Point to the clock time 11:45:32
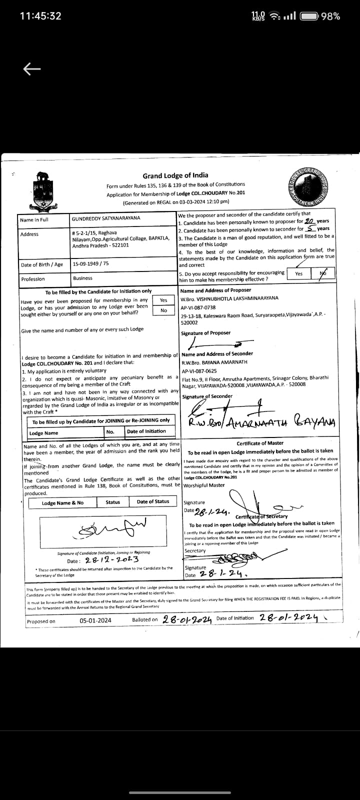[x=40, y=16]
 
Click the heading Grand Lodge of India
[x=175, y=175]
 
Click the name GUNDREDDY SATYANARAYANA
[x=106, y=218]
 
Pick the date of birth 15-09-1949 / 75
[x=90, y=263]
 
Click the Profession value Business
[x=82, y=278]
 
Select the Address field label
[x=29, y=234]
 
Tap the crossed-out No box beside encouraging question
[x=322, y=273]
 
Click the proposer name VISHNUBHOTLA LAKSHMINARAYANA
[x=229, y=298]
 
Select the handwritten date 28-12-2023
[x=111, y=560]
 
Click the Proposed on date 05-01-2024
[x=95, y=620]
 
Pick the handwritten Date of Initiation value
[x=289, y=618]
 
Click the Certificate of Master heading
[x=260, y=443]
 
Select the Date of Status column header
[x=153, y=501]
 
